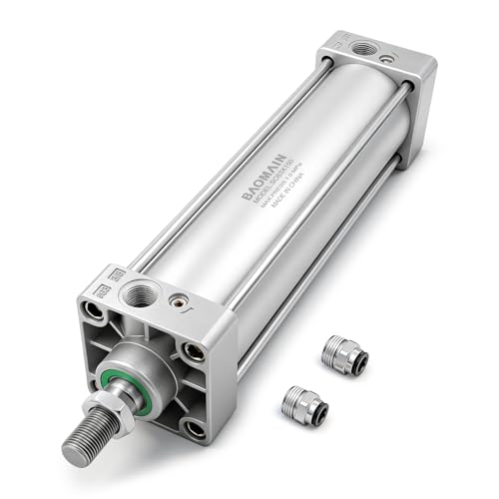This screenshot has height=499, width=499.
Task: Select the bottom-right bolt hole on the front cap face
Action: (196, 430)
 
